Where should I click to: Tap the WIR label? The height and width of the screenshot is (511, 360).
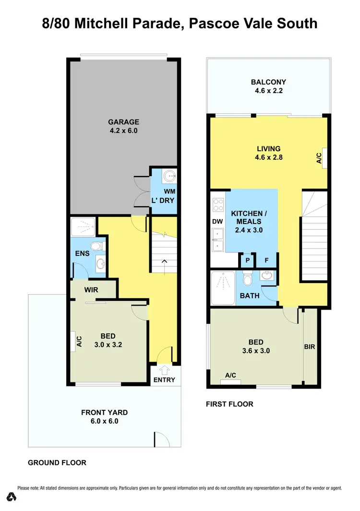pyautogui.click(x=91, y=290)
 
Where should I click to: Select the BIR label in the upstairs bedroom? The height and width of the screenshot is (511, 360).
pyautogui.click(x=310, y=346)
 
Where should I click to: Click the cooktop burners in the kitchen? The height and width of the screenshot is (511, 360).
pyautogui.click(x=217, y=205)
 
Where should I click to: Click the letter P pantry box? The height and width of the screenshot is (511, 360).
pyautogui.click(x=248, y=261)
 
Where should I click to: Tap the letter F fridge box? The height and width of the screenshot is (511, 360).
pyautogui.click(x=266, y=261)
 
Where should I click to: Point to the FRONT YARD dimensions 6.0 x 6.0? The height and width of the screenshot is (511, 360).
pyautogui.click(x=104, y=421)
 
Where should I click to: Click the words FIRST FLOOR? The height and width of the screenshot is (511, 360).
pyautogui.click(x=229, y=404)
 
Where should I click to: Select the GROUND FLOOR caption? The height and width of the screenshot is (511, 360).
pyautogui.click(x=57, y=463)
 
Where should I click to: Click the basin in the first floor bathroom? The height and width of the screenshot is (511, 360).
pyautogui.click(x=266, y=275)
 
